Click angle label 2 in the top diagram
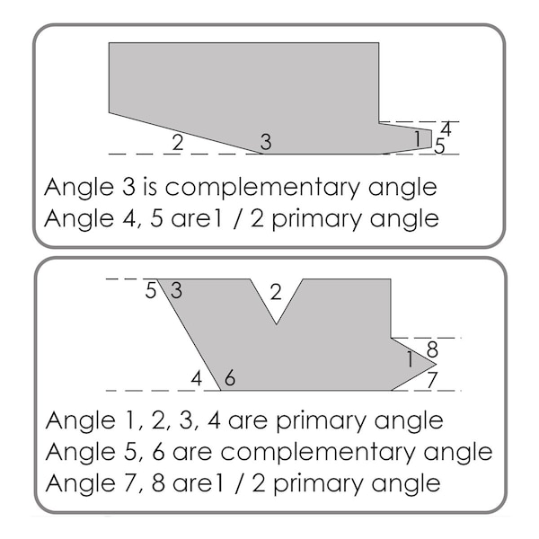[x=177, y=143]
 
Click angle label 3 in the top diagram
[x=266, y=142]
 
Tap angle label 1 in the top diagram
[x=418, y=139]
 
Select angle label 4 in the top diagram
[x=446, y=129]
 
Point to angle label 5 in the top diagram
[x=439, y=146]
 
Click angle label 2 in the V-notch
[x=276, y=292]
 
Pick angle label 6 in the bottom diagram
[x=230, y=378]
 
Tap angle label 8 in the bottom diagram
[x=432, y=349]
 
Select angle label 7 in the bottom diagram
[x=431, y=380]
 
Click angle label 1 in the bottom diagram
[x=410, y=359]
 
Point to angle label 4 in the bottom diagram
[x=196, y=379]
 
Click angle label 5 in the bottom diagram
[x=151, y=290]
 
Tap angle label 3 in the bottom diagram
[x=176, y=290]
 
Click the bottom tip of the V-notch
[x=277, y=323]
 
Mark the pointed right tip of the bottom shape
[x=437, y=364]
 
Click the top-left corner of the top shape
[x=109, y=43]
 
